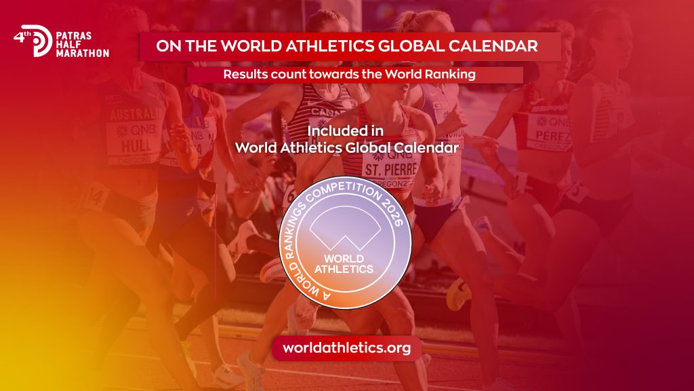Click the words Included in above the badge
tap(346, 129)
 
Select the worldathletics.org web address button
tap(347, 348)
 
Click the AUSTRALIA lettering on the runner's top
tap(135, 113)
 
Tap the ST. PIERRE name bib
tap(390, 168)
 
